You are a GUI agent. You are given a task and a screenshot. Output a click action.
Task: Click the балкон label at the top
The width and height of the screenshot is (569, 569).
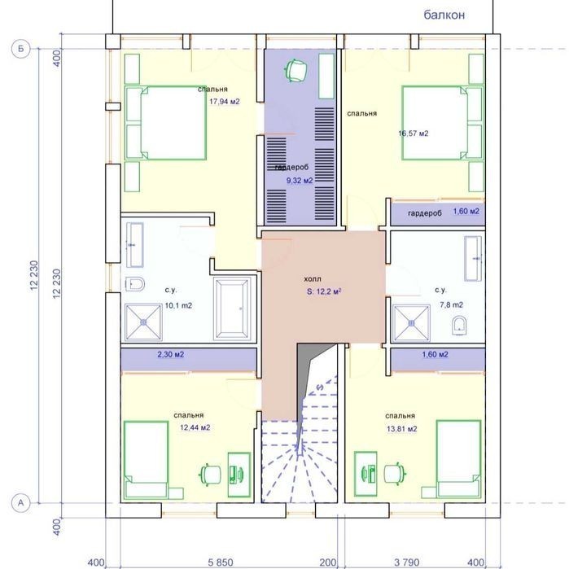(x=444, y=15)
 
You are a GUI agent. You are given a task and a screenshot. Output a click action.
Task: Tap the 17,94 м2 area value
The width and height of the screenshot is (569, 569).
(x=225, y=102)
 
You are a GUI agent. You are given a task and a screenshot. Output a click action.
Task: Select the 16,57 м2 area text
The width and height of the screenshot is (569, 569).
(x=414, y=133)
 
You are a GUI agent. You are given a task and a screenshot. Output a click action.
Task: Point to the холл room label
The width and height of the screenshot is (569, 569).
(x=313, y=279)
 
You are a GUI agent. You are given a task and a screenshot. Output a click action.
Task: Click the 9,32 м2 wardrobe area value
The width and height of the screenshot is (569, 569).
(x=300, y=181)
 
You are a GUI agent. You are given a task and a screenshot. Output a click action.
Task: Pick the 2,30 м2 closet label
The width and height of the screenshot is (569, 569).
(x=171, y=354)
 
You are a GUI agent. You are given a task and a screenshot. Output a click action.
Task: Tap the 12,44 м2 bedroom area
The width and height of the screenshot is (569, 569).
(x=195, y=427)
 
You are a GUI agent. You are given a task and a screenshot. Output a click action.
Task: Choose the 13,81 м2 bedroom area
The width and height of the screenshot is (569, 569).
(x=401, y=429)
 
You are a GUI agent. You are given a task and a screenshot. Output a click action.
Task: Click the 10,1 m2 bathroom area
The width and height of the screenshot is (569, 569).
(x=178, y=305)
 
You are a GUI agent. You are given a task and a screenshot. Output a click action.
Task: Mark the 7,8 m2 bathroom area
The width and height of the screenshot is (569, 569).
(x=452, y=304)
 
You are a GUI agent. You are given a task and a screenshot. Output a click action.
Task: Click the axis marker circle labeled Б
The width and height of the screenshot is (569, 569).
(x=20, y=49)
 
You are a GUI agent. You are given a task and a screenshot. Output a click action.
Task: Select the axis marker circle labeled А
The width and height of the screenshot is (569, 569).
(x=20, y=503)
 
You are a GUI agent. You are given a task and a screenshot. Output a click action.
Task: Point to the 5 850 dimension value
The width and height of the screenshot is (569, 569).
(x=221, y=562)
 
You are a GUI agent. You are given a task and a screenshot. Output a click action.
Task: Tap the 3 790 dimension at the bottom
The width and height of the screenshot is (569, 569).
(x=407, y=562)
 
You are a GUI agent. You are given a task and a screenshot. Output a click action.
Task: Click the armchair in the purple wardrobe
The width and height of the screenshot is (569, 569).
(x=296, y=70)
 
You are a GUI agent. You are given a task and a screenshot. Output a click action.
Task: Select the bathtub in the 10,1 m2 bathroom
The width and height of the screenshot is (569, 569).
(x=232, y=309)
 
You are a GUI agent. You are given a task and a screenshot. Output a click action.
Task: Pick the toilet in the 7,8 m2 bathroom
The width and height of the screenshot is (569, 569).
(x=459, y=325)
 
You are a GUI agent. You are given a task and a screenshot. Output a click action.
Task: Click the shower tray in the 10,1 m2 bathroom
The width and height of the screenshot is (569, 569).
(x=143, y=322)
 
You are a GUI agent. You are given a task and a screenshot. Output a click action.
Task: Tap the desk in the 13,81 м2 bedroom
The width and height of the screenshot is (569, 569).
(x=365, y=474)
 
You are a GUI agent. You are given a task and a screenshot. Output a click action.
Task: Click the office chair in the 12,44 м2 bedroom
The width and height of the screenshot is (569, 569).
(x=211, y=475)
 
